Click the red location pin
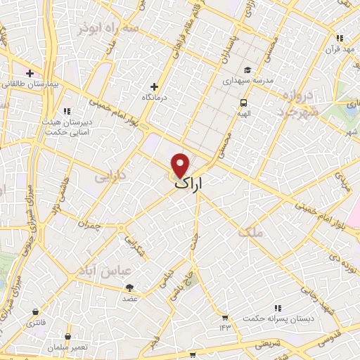pos(181,165)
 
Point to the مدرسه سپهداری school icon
pos(247,70)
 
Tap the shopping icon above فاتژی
pos(34,311)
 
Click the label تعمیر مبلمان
pos(67,347)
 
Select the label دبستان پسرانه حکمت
pos(278,319)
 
